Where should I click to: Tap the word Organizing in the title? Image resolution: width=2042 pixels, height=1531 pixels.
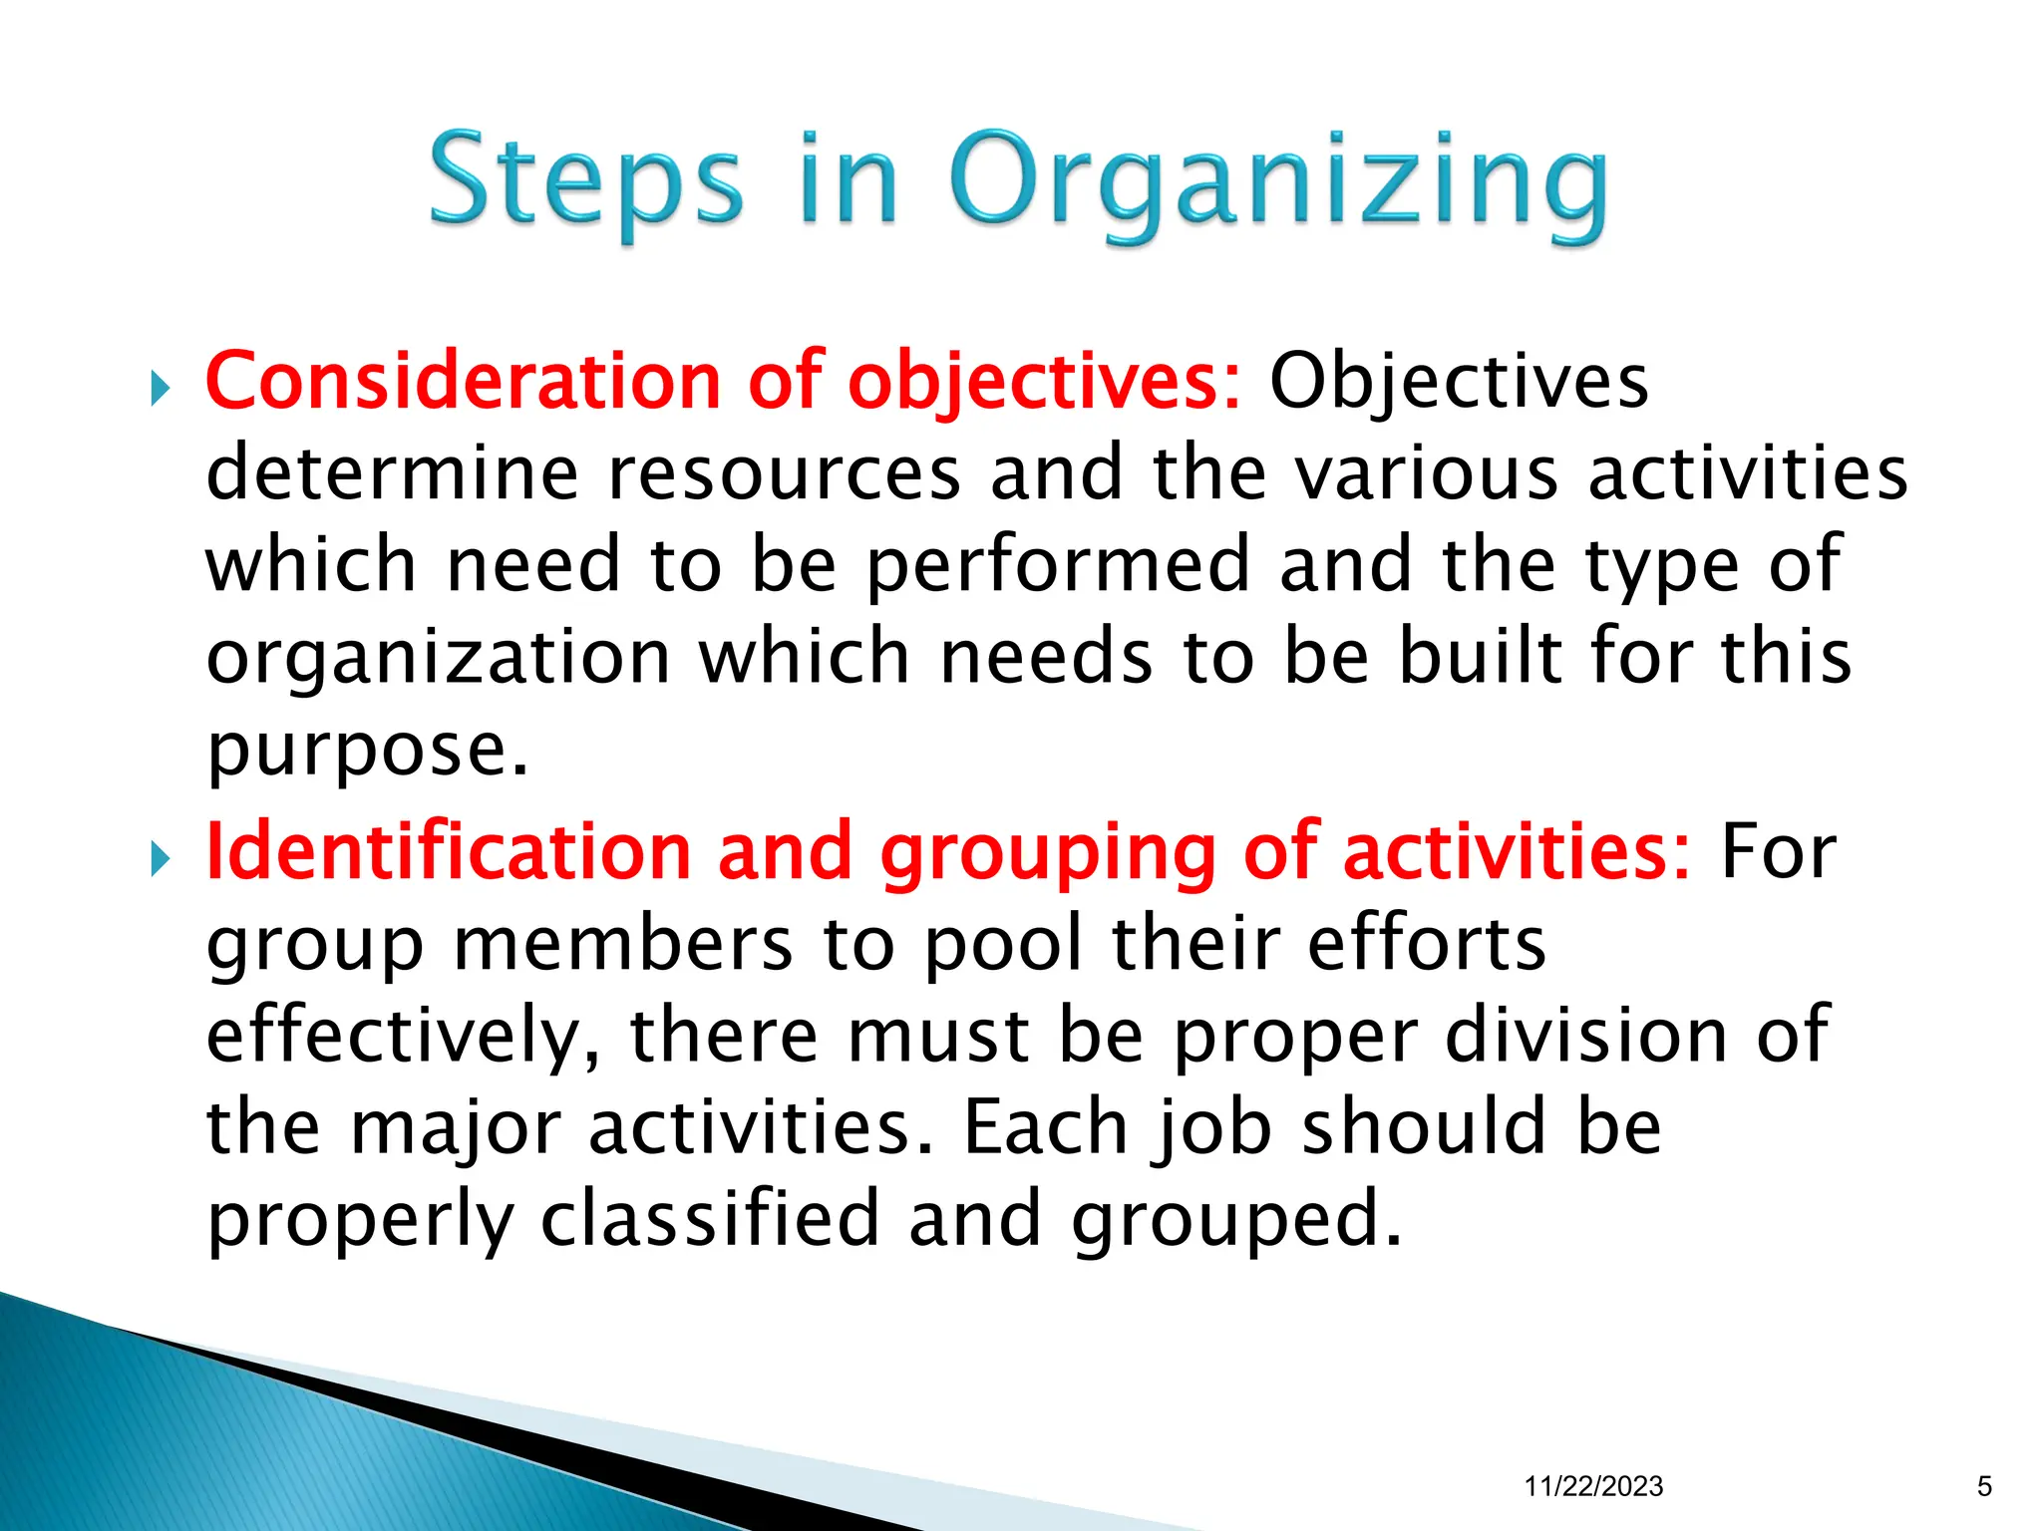point(1278,185)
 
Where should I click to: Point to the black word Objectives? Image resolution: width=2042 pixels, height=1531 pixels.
point(1459,382)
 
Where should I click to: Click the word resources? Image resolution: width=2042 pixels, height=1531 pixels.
point(784,473)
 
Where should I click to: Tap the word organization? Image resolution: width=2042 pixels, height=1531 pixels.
point(439,659)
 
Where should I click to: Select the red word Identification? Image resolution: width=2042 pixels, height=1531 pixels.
point(448,852)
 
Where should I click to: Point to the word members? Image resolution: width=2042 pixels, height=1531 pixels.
point(623,944)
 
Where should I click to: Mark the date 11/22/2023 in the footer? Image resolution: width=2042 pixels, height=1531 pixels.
point(1593,1486)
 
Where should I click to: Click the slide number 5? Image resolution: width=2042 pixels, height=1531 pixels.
point(1984,1486)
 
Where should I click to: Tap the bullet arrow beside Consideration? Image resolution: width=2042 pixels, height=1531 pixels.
point(161,389)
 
